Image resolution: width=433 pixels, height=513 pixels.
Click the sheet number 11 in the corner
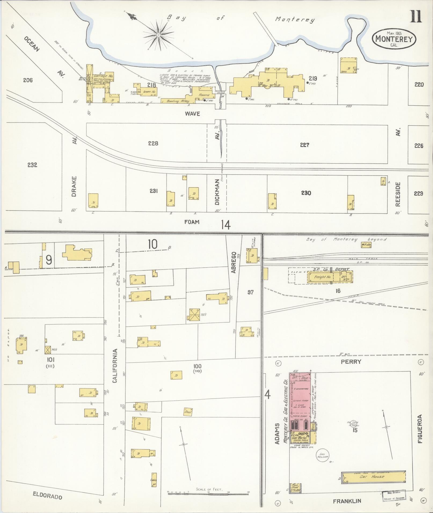pos(415,17)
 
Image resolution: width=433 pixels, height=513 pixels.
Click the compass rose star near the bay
pos(159,35)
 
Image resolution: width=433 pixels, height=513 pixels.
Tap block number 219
pos(313,79)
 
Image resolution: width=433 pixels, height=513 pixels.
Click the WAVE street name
pos(192,114)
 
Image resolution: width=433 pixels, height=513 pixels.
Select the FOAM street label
pos(192,222)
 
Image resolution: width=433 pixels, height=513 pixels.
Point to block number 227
pos(305,145)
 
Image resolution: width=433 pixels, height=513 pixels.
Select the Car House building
pos(373,477)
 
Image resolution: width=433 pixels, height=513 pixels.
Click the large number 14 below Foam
pos(226,225)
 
